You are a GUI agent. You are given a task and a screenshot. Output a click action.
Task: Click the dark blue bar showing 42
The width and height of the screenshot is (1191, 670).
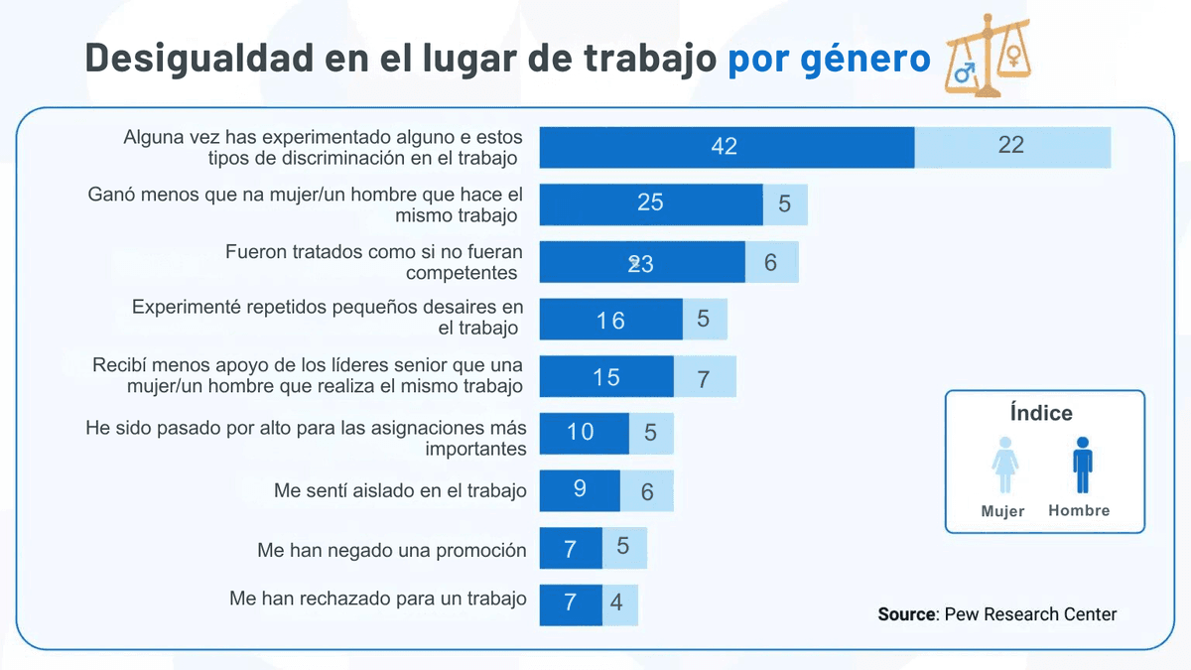726,147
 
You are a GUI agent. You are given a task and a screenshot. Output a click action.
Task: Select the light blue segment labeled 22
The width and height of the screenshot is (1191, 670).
1011,147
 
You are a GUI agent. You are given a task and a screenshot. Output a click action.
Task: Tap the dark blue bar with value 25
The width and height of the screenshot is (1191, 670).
650,204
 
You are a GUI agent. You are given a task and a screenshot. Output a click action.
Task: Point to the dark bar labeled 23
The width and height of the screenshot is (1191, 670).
641,262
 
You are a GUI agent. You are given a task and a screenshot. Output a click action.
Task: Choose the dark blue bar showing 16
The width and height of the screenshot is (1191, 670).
610,320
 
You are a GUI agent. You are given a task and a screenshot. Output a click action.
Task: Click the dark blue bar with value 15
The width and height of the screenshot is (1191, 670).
605,377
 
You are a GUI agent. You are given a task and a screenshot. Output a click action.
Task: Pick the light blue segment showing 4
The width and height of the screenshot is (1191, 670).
619,603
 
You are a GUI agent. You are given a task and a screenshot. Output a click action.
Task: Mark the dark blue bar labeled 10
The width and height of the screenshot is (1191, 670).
583,433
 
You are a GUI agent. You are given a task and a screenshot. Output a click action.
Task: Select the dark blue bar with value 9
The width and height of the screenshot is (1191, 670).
580,490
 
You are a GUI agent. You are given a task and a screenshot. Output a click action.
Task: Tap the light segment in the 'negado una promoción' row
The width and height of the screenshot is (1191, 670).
624,547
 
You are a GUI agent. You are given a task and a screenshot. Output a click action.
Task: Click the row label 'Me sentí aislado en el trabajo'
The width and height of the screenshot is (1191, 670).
400,490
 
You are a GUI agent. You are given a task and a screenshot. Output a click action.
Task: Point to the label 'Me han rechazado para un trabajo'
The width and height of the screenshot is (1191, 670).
378,600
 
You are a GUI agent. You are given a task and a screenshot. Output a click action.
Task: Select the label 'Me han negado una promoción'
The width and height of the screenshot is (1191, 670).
391,550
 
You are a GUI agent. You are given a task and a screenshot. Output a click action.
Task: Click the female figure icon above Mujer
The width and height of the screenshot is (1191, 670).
1004,466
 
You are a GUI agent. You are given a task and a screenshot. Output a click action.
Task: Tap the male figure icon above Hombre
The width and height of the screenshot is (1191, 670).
1082,466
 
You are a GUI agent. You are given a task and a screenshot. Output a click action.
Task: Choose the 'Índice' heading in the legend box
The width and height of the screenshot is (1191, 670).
1041,413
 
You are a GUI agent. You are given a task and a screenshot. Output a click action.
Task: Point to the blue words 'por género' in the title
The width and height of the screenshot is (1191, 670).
829,59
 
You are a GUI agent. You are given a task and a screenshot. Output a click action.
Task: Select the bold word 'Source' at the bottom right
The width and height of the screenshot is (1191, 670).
907,614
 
